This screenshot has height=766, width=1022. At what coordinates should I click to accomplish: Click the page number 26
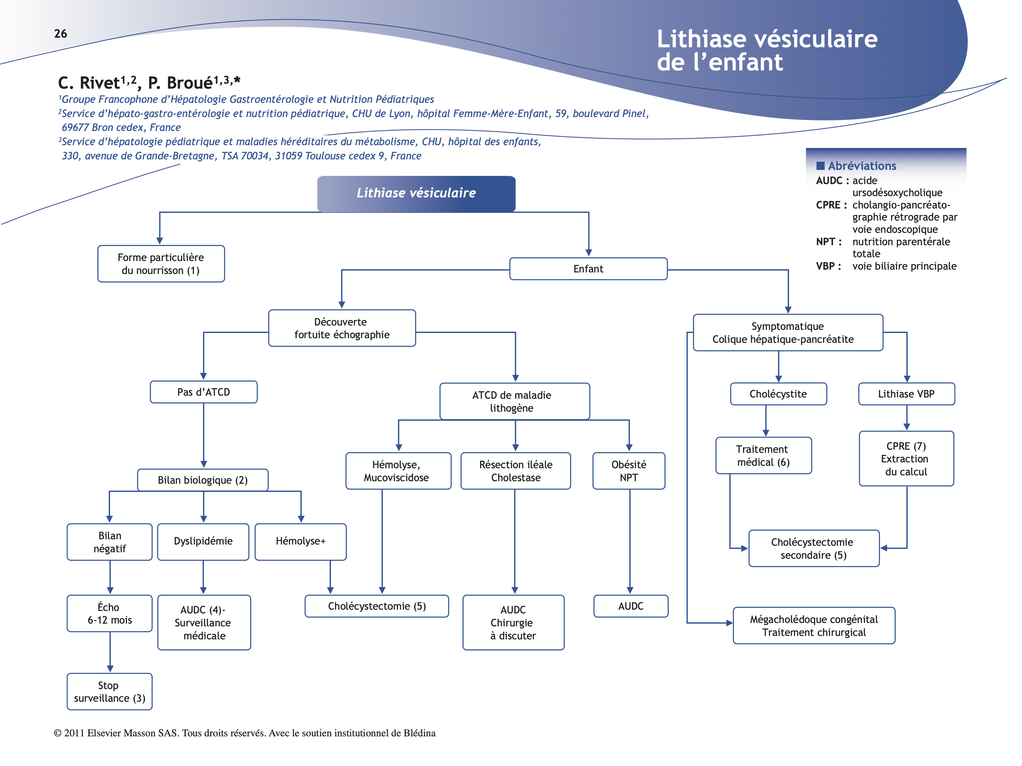[x=61, y=34]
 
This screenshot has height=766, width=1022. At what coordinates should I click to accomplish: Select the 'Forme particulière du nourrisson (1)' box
[x=161, y=264]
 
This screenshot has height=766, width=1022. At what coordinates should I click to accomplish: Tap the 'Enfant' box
[x=588, y=269]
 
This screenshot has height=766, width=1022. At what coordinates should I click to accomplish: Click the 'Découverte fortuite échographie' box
[x=342, y=328]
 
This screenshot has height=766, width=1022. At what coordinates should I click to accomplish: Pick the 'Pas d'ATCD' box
[x=203, y=392]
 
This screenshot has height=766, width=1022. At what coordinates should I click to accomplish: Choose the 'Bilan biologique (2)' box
[x=202, y=480]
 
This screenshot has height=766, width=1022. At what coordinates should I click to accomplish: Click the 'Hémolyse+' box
[x=300, y=541]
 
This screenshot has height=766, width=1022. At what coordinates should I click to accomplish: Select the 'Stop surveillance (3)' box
[x=109, y=692]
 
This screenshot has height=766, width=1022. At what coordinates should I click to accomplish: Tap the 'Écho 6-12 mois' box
[x=109, y=614]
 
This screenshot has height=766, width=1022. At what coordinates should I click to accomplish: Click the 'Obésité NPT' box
[x=629, y=471]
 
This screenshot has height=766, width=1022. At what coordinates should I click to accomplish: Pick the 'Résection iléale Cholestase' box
[x=515, y=471]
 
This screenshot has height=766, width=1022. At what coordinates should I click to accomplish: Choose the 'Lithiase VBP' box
[x=906, y=394]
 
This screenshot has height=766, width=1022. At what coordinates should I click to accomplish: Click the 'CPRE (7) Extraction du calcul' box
[x=906, y=458]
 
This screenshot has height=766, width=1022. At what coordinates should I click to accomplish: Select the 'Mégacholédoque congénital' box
[x=814, y=626]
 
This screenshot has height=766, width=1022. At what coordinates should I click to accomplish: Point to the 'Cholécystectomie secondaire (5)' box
[x=814, y=549]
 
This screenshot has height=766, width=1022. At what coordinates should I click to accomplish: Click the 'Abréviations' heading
[x=862, y=166]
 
